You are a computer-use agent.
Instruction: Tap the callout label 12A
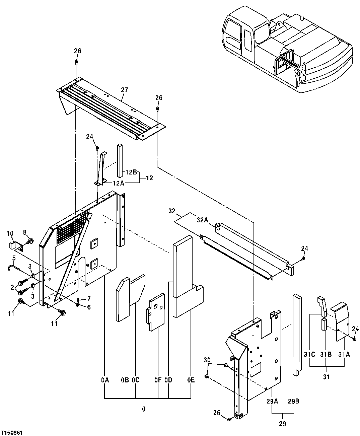tap(118, 183)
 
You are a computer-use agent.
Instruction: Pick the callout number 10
tap(9, 233)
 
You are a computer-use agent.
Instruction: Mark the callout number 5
tap(14, 258)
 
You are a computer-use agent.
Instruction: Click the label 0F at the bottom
tap(158, 380)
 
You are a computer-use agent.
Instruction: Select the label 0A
tap(105, 380)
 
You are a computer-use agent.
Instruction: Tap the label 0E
tap(191, 380)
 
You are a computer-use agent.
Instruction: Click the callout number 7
tap(89, 298)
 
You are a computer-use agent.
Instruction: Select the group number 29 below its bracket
tap(283, 424)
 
